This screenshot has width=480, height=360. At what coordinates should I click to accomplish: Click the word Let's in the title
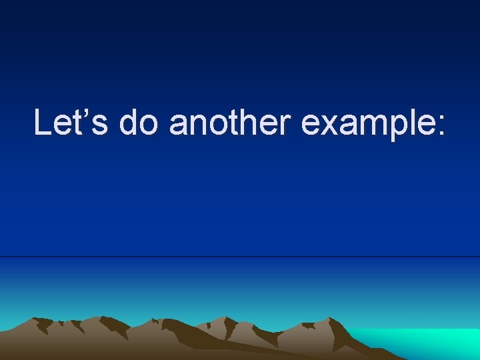71,123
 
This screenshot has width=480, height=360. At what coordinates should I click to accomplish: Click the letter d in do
129,123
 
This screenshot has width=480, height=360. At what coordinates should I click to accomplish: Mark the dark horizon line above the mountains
240,257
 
